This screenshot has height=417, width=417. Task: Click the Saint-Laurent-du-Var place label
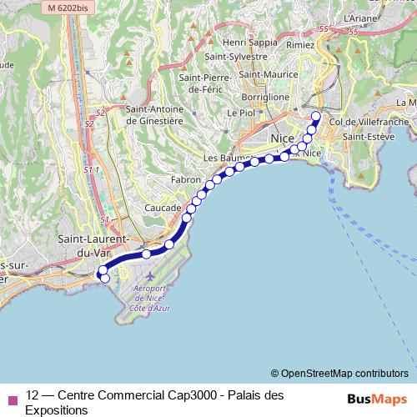pyautogui.click(x=92, y=244)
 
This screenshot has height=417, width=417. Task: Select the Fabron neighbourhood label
pyautogui.click(x=185, y=179)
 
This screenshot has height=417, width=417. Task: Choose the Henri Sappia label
pyautogui.click(x=251, y=41)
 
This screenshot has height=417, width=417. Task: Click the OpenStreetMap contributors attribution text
pyautogui.click(x=339, y=373)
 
